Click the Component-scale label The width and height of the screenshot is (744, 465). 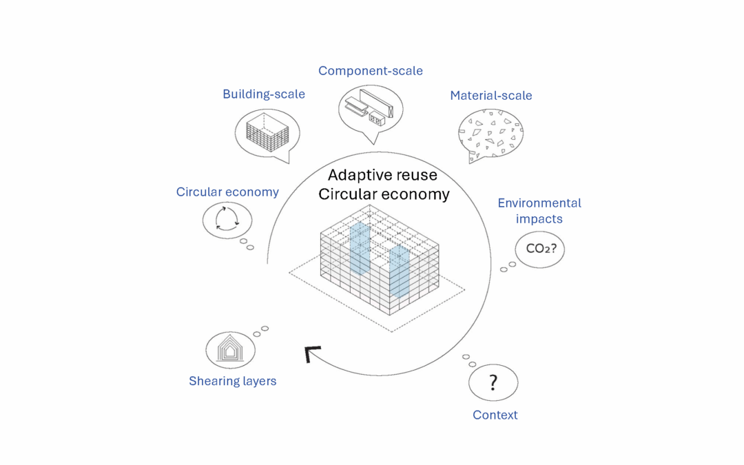point(370,71)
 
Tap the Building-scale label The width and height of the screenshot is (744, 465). point(263,94)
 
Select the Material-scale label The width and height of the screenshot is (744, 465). point(490,96)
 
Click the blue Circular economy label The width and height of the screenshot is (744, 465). point(227,192)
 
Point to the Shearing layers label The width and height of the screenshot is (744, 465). point(232,381)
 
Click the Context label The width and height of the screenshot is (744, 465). point(495,415)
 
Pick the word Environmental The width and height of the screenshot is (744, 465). point(539,203)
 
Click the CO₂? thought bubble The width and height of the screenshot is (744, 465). point(539,249)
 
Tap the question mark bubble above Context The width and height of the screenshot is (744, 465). point(493,382)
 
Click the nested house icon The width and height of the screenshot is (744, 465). point(230,349)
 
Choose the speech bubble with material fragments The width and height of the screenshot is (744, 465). point(490,133)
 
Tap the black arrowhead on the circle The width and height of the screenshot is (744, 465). point(312,354)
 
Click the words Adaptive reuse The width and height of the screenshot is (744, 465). point(382,175)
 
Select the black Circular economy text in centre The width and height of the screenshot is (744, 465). point(384,195)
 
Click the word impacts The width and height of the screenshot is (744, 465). point(539,219)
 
